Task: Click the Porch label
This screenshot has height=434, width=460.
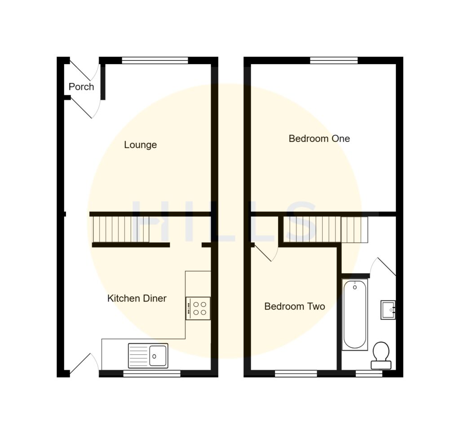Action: pos(81,87)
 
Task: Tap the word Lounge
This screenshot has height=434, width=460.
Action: pos(140,145)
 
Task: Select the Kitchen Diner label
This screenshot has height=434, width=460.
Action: pos(137,298)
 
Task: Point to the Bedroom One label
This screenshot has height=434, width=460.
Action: pos(319,138)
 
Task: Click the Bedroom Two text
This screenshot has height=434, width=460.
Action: pos(294,306)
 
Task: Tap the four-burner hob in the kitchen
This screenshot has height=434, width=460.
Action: pos(198,308)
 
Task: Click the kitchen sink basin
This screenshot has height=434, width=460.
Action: pos(158,356)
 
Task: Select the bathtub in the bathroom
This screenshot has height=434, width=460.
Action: pos(355,314)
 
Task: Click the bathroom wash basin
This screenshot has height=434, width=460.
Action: pos(388,310)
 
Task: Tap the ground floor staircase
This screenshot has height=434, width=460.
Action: pos(121,229)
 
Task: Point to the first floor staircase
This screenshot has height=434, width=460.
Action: pos(326,229)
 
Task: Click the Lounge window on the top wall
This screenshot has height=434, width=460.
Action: pos(155,60)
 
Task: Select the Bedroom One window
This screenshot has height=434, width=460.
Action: pos(334,60)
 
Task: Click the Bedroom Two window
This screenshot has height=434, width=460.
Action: pos(296,373)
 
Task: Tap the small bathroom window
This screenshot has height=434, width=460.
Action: pos(369,373)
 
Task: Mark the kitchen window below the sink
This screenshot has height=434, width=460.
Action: pos(152,373)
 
